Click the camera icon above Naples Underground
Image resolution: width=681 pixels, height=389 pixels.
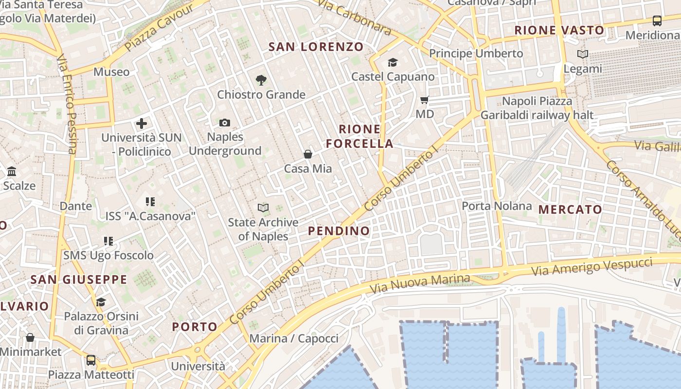[x=224, y=123]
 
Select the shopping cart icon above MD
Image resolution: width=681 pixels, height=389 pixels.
[x=425, y=100]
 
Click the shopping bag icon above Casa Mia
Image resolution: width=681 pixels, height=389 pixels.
[x=308, y=154]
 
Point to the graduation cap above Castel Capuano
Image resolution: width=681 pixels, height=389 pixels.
[x=393, y=62]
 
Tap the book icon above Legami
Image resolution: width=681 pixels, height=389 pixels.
[x=582, y=54]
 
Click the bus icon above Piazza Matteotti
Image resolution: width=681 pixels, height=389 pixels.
[x=91, y=360]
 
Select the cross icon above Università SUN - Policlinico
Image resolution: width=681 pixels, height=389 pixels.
[x=142, y=124]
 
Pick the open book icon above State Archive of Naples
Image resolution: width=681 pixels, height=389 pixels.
[x=263, y=208]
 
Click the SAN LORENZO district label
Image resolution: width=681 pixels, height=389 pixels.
[x=316, y=47]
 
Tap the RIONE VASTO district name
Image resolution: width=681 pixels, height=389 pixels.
[x=559, y=30]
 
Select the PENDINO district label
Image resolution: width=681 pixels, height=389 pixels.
[x=339, y=230]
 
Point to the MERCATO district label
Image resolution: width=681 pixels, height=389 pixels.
[x=570, y=210]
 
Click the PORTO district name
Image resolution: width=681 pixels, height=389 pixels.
[x=195, y=326]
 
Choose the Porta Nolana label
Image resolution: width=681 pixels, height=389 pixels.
[x=497, y=206]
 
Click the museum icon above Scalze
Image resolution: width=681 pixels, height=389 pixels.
[x=12, y=172]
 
